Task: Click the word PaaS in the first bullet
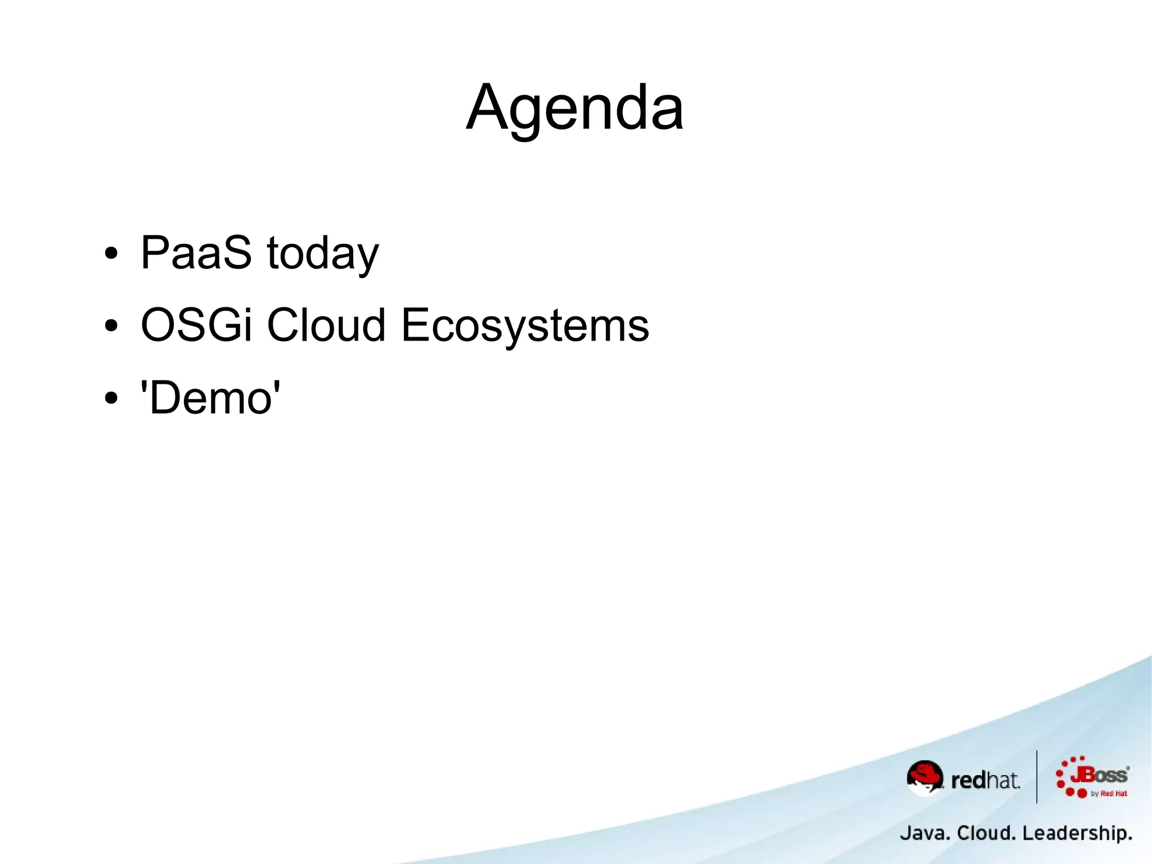pos(196,253)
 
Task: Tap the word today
pos(323,254)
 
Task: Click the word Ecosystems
pos(525,326)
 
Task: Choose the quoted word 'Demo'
pos(210,397)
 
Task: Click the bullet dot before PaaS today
pos(111,254)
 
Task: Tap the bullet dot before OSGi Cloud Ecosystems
pos(111,326)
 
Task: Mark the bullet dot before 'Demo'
pos(111,399)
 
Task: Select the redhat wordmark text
pos(984,781)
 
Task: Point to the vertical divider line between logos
pos(1037,777)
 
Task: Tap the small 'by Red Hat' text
pos(1109,794)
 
